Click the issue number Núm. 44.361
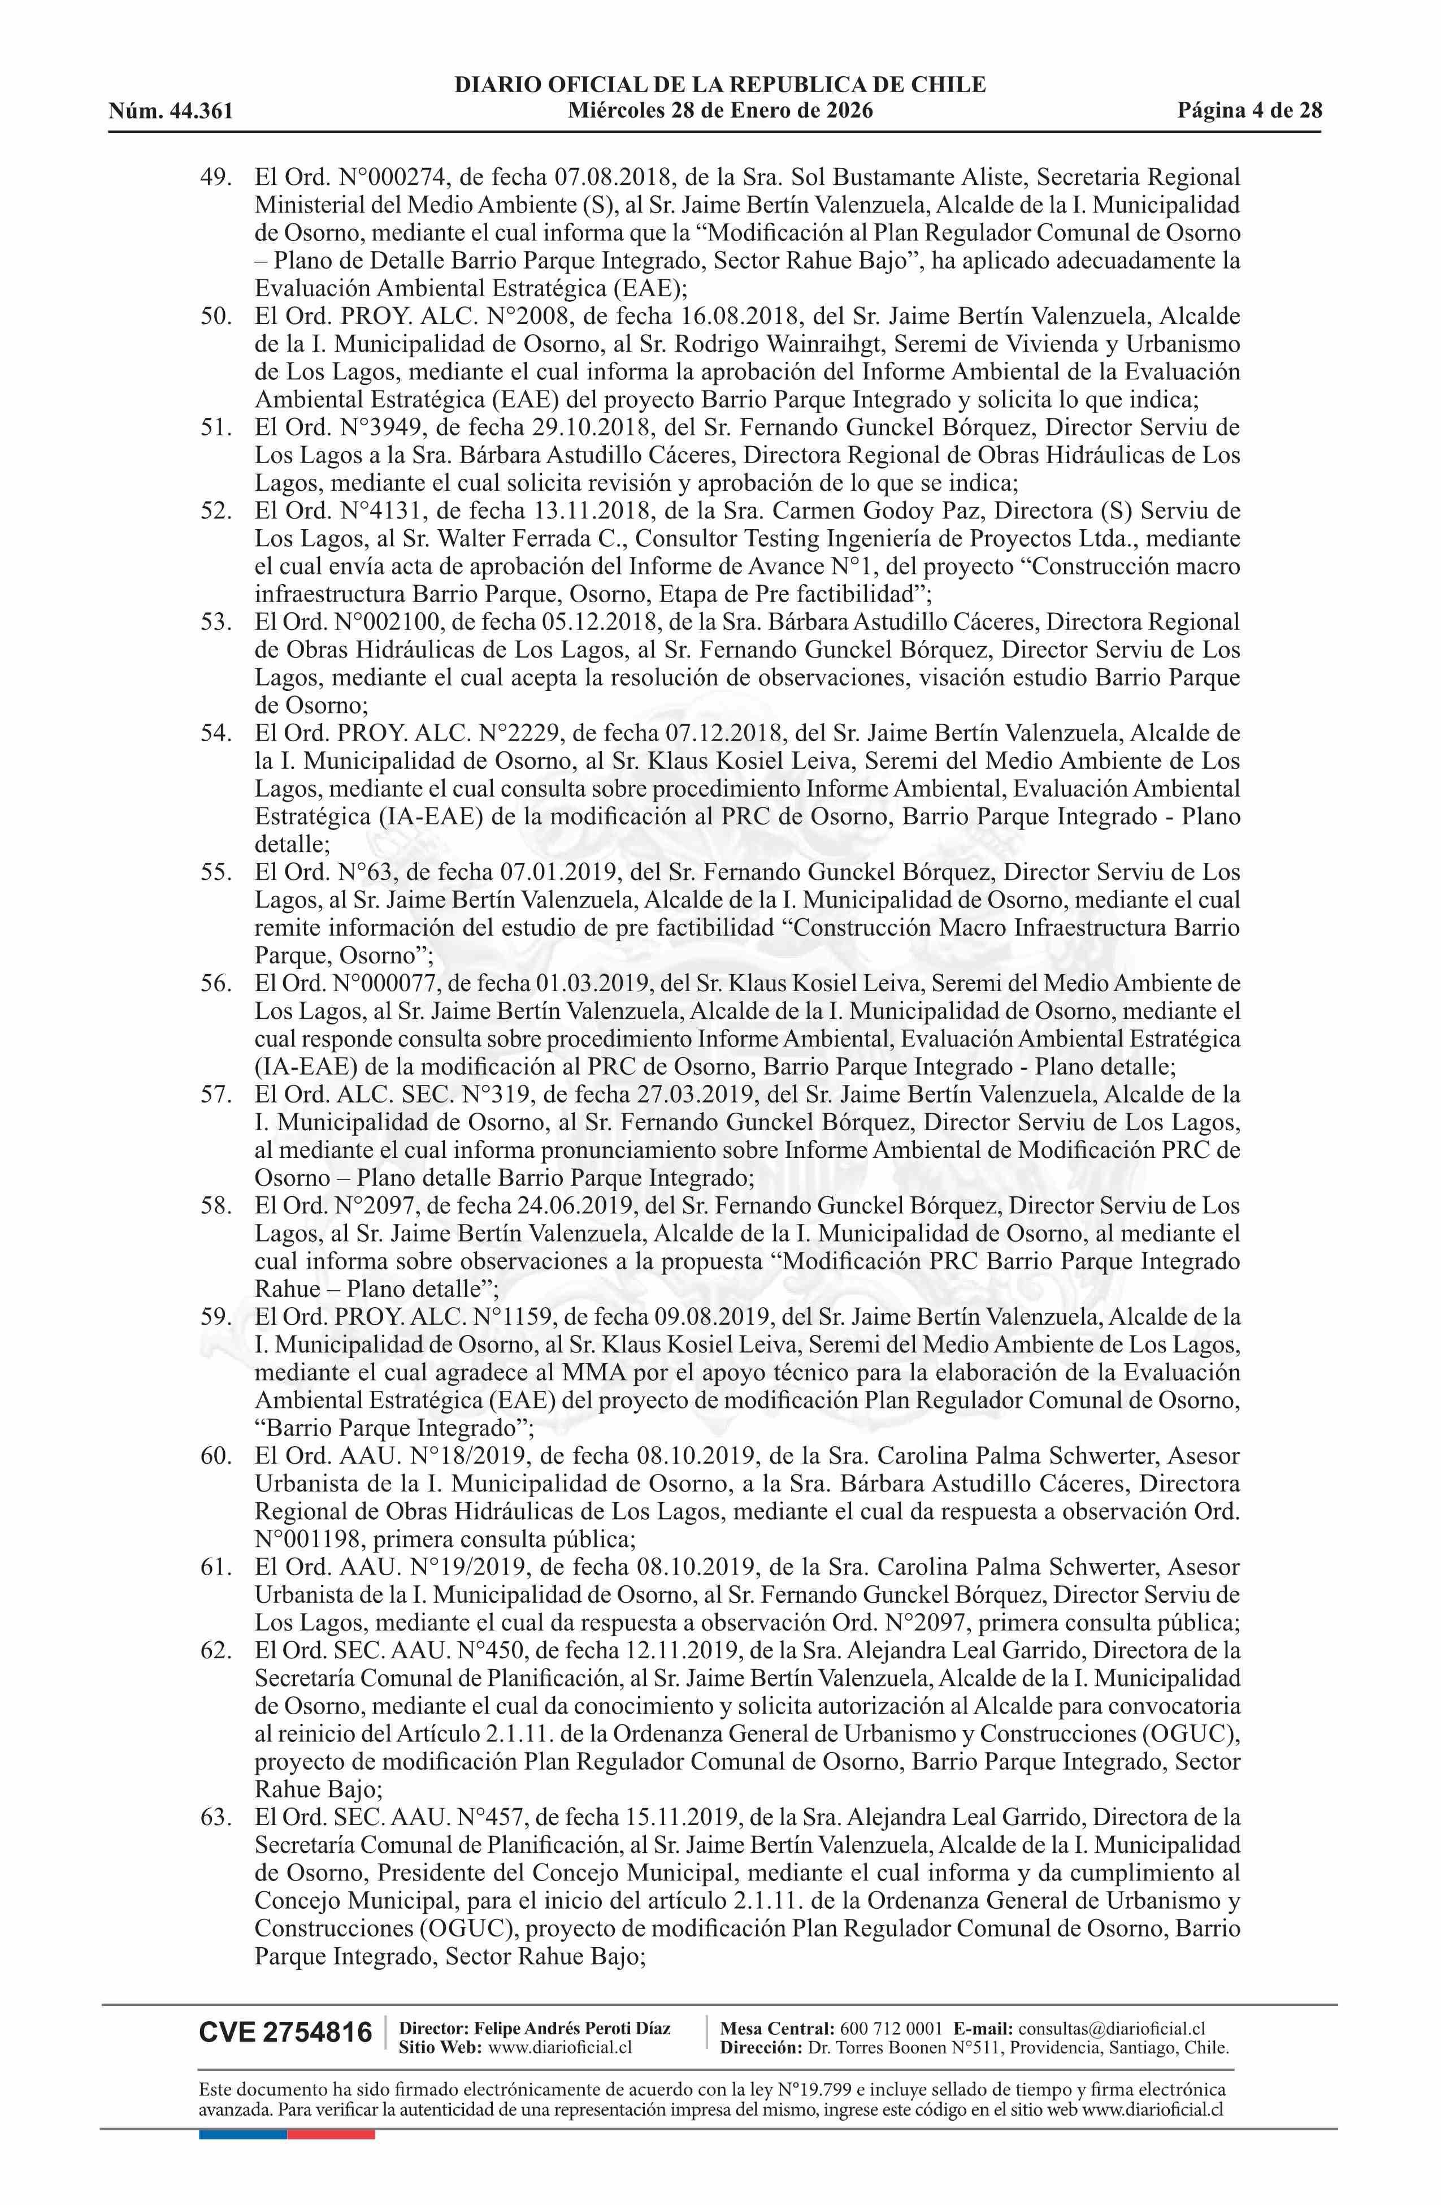point(171,112)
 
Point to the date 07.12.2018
point(725,733)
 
